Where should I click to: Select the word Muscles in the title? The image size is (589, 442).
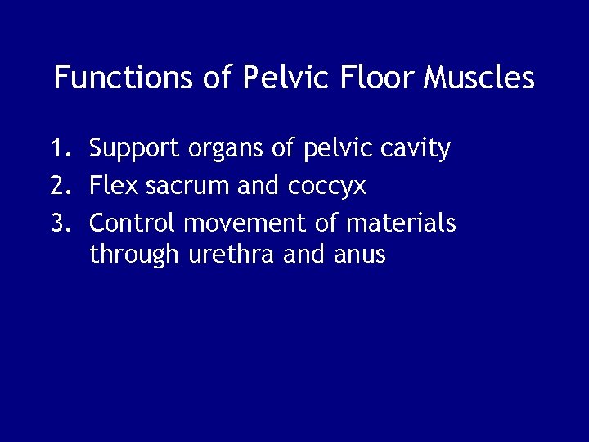(479, 78)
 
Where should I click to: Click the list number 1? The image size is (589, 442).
(59, 148)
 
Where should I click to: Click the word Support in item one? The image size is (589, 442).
(135, 149)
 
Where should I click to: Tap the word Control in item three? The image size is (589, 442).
(133, 222)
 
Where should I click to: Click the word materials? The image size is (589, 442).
(401, 222)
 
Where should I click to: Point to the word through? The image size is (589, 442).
(134, 255)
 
